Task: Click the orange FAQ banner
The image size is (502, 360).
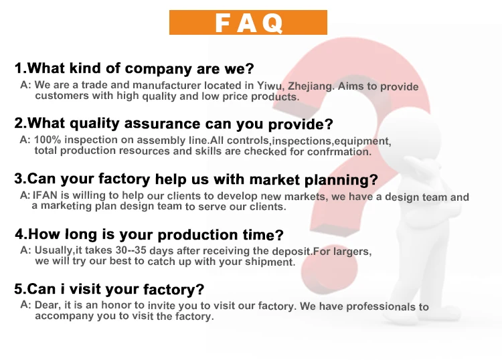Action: tap(248, 22)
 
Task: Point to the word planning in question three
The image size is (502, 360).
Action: tap(341, 180)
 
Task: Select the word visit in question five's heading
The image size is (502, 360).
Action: tap(85, 289)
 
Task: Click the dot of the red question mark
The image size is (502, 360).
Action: tap(329, 270)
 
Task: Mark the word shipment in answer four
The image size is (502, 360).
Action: tap(270, 262)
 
